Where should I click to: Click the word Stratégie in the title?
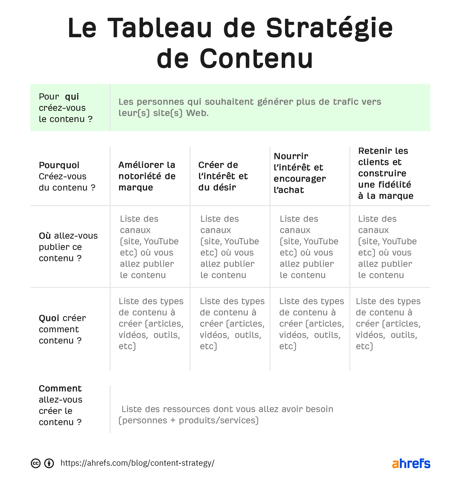click(x=329, y=28)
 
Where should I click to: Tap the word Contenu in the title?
click(x=256, y=59)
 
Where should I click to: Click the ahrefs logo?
click(x=411, y=463)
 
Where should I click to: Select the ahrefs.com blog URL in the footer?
click(x=137, y=463)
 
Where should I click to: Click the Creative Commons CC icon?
click(x=36, y=463)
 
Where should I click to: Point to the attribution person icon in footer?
click(x=49, y=463)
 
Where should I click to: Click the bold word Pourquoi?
click(x=59, y=165)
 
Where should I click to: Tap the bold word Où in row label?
click(x=45, y=236)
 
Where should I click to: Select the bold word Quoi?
click(x=49, y=318)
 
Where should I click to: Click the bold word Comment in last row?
click(x=60, y=389)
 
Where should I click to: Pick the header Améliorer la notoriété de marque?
click(x=147, y=176)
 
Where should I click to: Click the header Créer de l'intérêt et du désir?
click(x=223, y=176)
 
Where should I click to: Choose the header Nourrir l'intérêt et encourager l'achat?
click(x=300, y=173)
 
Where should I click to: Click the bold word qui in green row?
click(x=72, y=97)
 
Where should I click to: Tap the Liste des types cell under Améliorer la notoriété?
click(x=151, y=324)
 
